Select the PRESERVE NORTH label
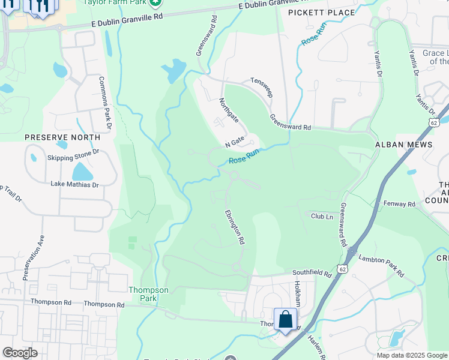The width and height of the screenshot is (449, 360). pos(62,137)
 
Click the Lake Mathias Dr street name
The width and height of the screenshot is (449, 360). pos(74,184)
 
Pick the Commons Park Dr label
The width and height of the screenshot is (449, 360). pos(106,103)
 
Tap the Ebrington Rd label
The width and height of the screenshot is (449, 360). pos(235,226)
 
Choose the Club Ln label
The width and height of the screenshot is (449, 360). pos(321,215)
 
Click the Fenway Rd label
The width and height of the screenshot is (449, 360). pos(400,204)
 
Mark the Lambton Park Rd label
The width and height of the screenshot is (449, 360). pos(381,265)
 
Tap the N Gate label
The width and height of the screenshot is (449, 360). pos(235,142)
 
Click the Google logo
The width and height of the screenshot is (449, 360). pos(20,352)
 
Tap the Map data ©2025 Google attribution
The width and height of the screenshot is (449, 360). pos(412,355)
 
